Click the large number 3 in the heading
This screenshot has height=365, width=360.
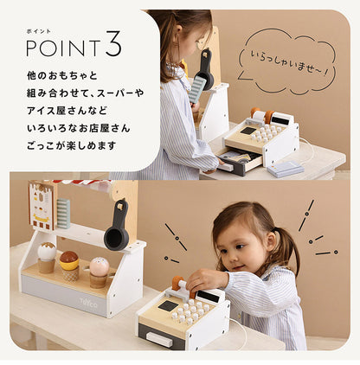[113, 44]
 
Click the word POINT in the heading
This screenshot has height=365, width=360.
[63, 48]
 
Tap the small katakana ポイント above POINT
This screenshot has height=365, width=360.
[38, 31]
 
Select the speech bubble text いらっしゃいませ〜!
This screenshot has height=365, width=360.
[289, 62]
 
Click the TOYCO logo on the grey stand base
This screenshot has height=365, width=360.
[88, 303]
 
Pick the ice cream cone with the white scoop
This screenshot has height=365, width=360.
[47, 258]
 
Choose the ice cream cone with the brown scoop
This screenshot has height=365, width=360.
[69, 266]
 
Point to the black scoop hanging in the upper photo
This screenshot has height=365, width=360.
[206, 70]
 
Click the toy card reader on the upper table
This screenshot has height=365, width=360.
[285, 169]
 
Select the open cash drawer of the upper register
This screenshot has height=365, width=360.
[241, 162]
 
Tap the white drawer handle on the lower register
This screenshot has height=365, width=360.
[159, 339]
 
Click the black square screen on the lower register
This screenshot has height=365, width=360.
[168, 305]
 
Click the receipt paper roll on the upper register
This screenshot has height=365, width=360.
[260, 116]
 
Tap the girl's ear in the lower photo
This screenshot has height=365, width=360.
[271, 240]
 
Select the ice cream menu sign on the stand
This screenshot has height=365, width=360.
[42, 205]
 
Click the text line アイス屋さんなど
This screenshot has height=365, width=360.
[67, 111]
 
